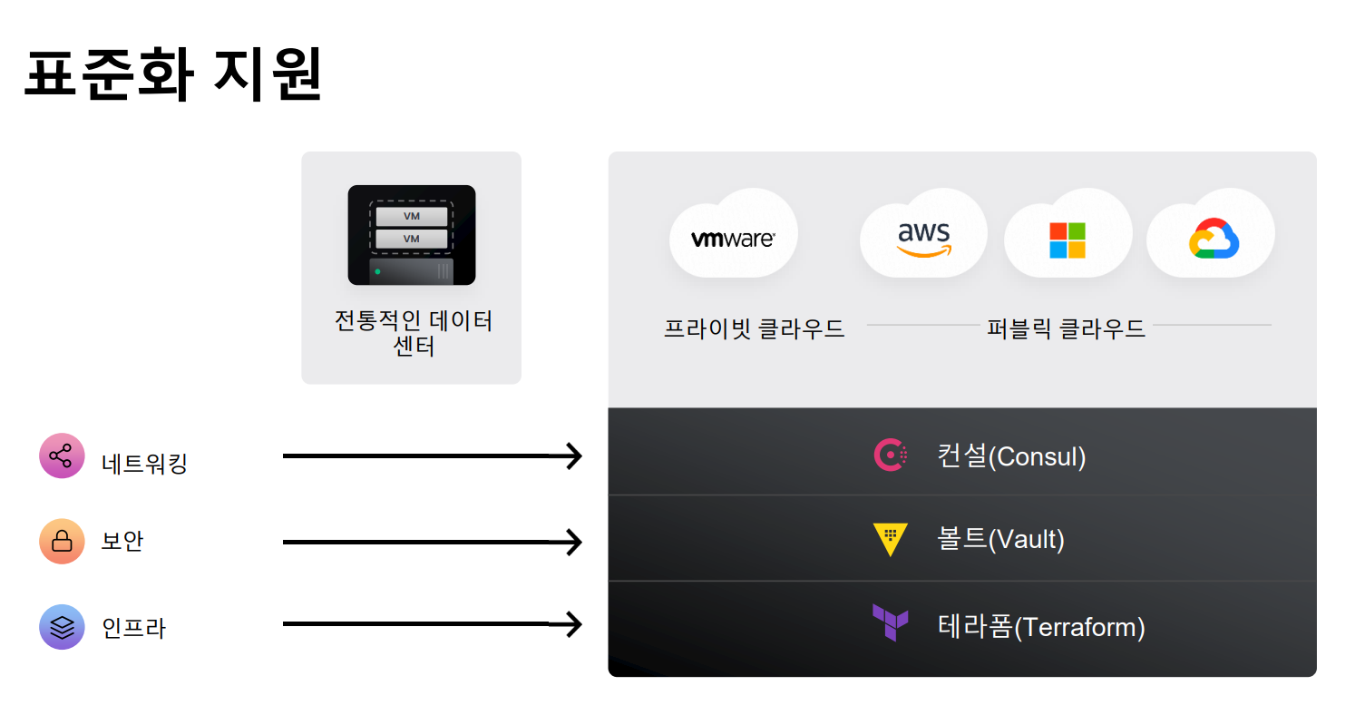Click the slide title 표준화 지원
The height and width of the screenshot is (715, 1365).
(172, 77)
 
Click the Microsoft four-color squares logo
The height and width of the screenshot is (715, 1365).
(1068, 240)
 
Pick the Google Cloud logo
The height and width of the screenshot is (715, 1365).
(1214, 239)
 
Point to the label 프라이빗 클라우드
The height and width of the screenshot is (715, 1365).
(754, 328)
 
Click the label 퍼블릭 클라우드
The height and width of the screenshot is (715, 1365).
(1066, 328)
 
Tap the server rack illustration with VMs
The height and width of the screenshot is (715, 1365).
(412, 235)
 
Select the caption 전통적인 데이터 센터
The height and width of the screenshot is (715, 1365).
(414, 333)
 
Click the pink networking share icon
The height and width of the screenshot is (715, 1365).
(62, 455)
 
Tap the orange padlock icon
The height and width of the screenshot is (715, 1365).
(62, 542)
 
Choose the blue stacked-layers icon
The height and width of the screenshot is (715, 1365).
(62, 627)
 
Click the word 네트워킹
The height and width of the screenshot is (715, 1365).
(144, 464)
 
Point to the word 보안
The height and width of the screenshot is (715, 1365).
(122, 542)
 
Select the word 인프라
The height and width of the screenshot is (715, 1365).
(134, 628)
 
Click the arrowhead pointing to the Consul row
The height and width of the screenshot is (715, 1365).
(571, 455)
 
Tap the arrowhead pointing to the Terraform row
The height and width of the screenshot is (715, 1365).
(571, 624)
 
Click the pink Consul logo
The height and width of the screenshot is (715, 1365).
(890, 455)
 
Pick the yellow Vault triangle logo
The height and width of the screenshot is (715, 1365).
(890, 540)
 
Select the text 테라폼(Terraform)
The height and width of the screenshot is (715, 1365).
(1041, 627)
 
